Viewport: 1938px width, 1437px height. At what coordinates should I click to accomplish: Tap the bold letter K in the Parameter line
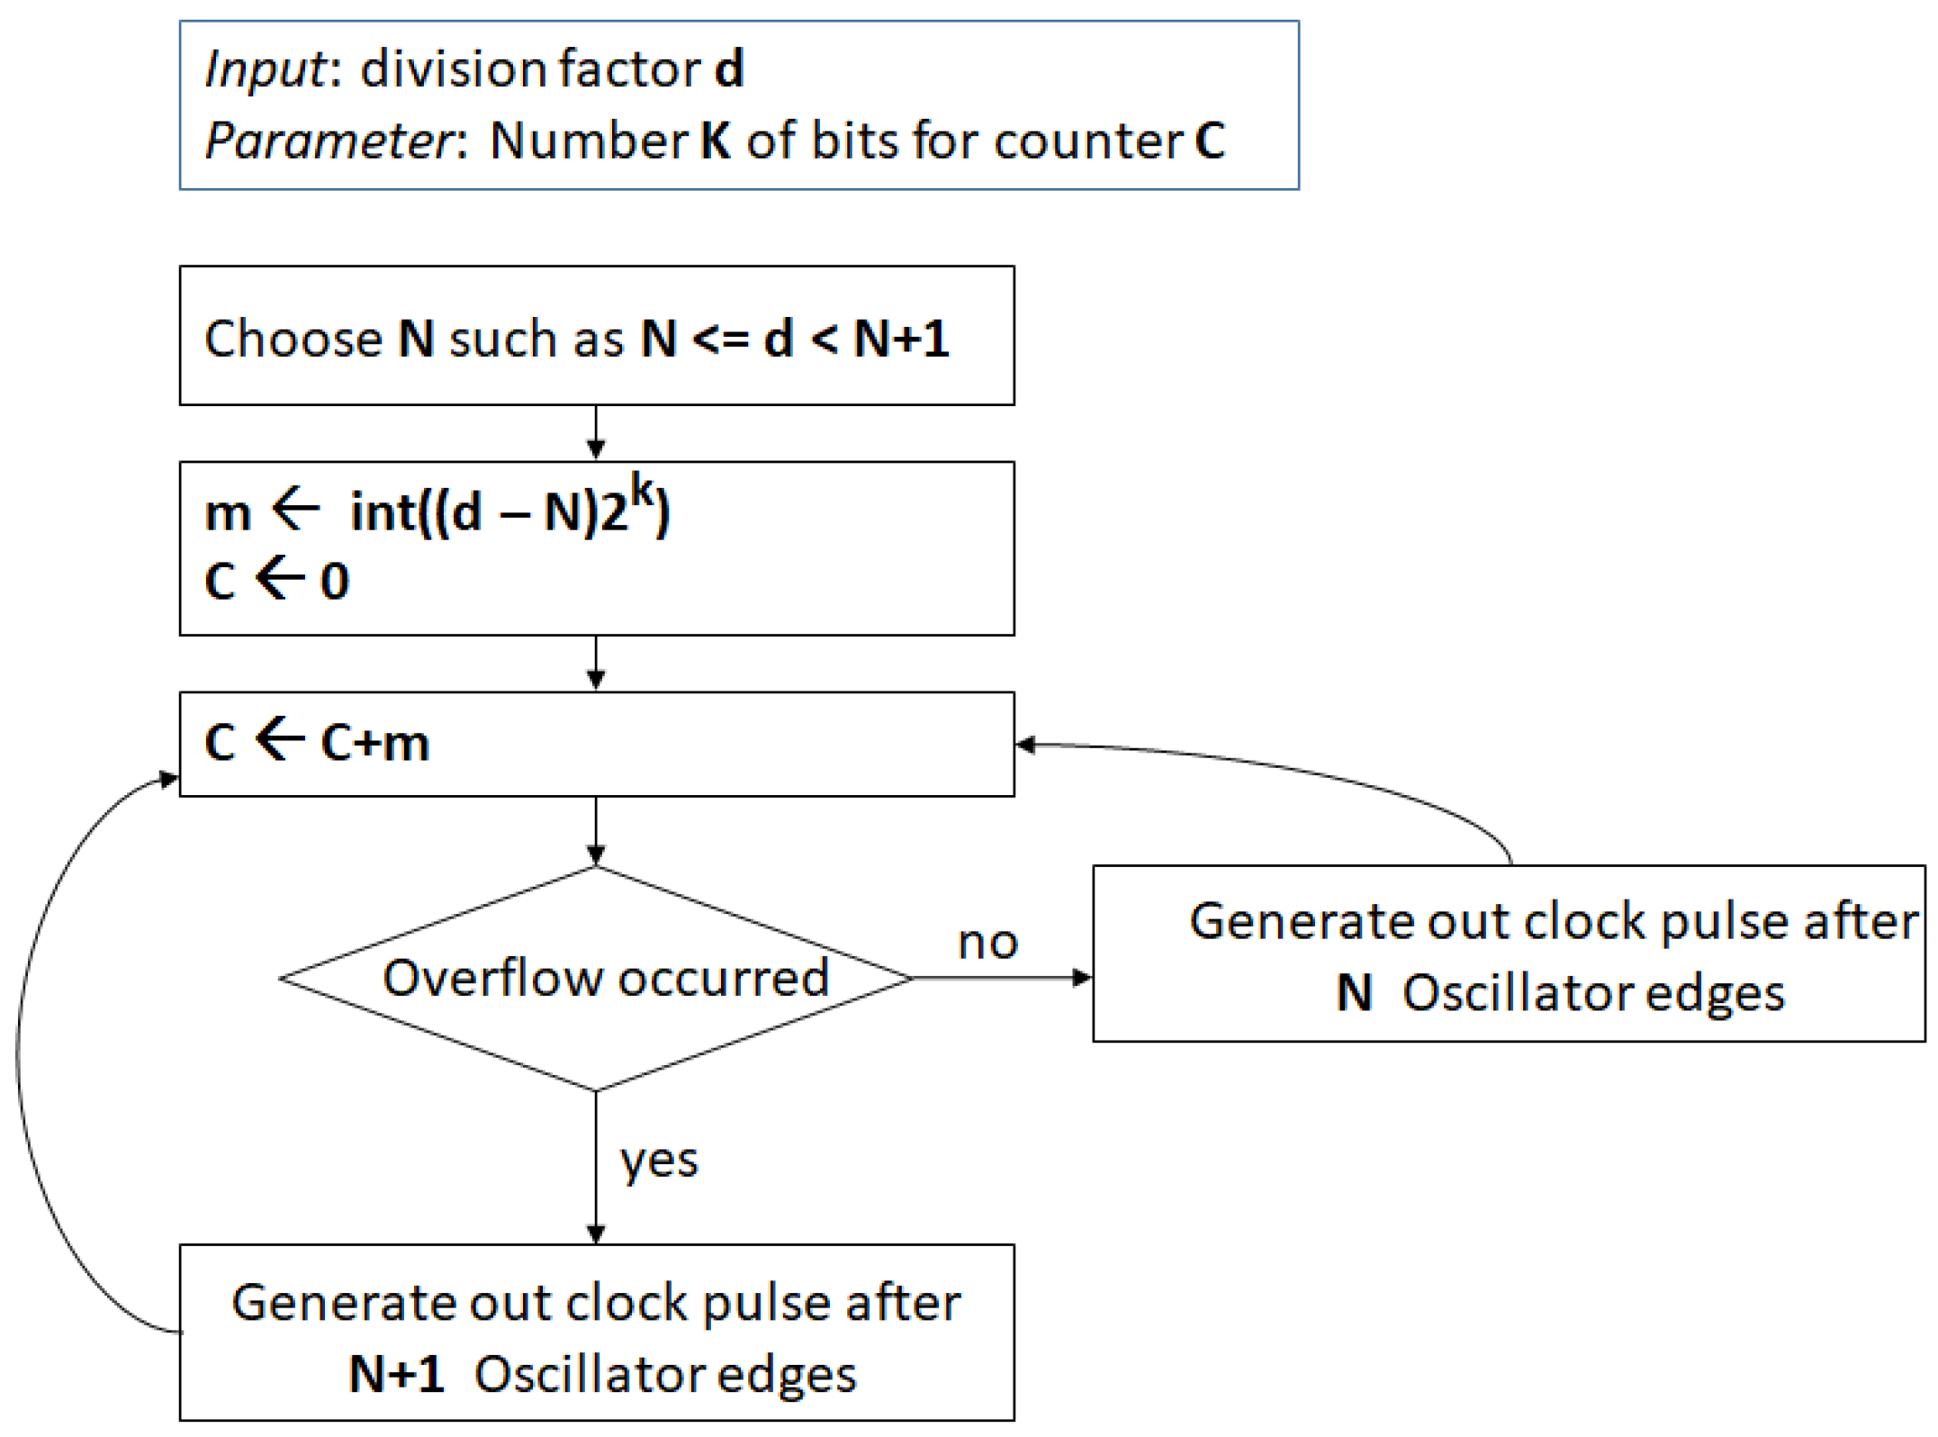pyautogui.click(x=716, y=141)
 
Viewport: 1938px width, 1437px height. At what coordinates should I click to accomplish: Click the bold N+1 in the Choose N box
pyautogui.click(x=901, y=339)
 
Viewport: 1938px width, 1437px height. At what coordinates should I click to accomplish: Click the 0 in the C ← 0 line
pyautogui.click(x=335, y=582)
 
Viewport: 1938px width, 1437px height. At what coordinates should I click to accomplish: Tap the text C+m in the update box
pyautogui.click(x=375, y=745)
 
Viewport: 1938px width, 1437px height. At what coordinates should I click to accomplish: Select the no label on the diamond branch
pyautogui.click(x=987, y=943)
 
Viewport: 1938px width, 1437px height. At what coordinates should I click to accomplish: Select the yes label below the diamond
pyautogui.click(x=659, y=1161)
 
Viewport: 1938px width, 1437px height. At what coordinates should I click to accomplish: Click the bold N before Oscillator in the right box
pyautogui.click(x=1354, y=994)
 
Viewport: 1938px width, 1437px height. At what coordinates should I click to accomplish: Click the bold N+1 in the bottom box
pyautogui.click(x=396, y=1375)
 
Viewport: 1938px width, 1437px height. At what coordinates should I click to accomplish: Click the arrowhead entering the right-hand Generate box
pyautogui.click(x=1083, y=978)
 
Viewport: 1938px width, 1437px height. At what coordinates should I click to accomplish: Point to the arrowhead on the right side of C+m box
pyautogui.click(x=1025, y=745)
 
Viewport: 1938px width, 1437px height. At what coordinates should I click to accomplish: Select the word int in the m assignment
pyautogui.click(x=382, y=513)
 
